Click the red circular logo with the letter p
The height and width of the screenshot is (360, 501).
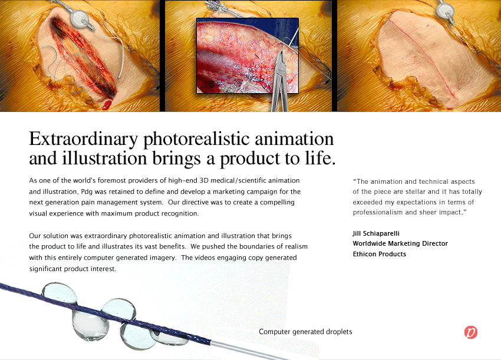point(471,332)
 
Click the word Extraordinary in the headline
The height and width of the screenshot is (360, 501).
point(83,139)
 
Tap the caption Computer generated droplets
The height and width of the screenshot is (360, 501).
point(305,332)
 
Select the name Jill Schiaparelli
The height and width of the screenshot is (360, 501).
point(376,233)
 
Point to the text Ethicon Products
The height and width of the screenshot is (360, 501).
point(379,254)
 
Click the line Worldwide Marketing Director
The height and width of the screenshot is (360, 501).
point(400,243)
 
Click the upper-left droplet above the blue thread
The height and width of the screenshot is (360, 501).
point(60,292)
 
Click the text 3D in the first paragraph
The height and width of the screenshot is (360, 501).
point(204,180)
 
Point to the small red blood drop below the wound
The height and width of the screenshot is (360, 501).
point(107,104)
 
